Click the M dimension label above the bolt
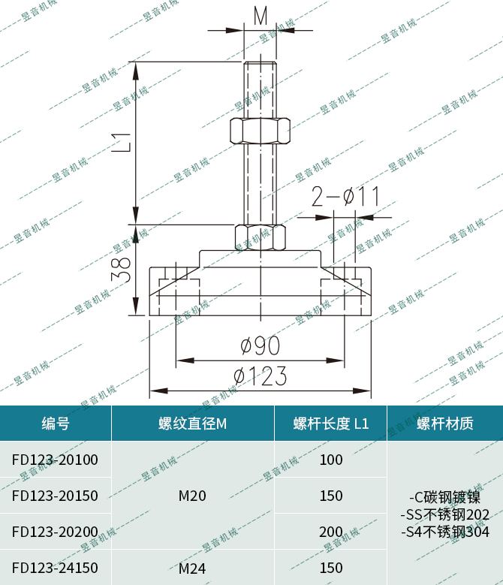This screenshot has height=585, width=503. click(x=261, y=14)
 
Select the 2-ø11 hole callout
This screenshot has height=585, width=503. click(x=345, y=197)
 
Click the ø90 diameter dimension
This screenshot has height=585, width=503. click(x=261, y=345)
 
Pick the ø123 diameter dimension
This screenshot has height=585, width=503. click(x=261, y=375)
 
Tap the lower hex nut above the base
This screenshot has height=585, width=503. click(x=261, y=237)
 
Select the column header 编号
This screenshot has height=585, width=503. click(x=56, y=424)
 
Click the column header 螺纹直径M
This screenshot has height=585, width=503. click(x=192, y=424)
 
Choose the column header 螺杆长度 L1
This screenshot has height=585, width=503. click(x=331, y=424)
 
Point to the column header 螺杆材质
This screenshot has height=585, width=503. click(x=444, y=424)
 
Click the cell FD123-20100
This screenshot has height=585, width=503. click(x=55, y=460)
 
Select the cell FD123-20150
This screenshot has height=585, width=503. click(x=55, y=496)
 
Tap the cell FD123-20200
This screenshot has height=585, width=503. click(x=55, y=532)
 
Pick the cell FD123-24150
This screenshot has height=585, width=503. click(x=55, y=568)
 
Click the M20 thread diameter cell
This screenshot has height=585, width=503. click(x=192, y=496)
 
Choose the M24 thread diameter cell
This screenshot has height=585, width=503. click(x=192, y=568)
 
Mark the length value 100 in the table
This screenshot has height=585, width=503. click(x=331, y=460)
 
